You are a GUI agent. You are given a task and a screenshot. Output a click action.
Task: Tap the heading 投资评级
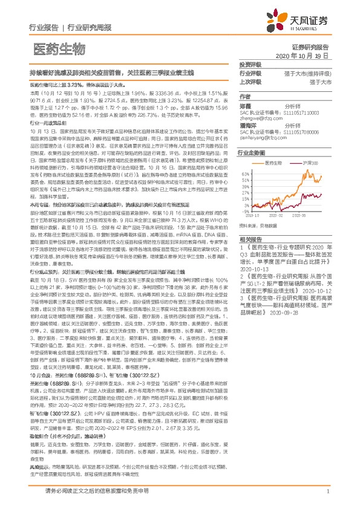pyautogui.click(x=250, y=64)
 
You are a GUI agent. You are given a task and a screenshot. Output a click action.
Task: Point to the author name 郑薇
pyautogui.click(x=246, y=106)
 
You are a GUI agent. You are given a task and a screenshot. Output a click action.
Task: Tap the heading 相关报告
pyautogui.click(x=250, y=256)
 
